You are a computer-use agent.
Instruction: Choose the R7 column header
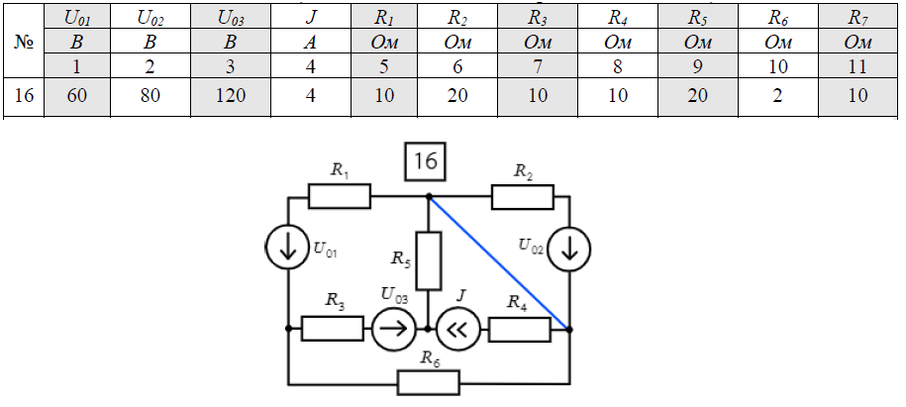[857, 17]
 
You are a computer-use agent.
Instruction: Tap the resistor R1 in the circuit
[339, 197]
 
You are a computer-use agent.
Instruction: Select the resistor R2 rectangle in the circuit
[522, 197]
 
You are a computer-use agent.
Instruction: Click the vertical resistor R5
[428, 260]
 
